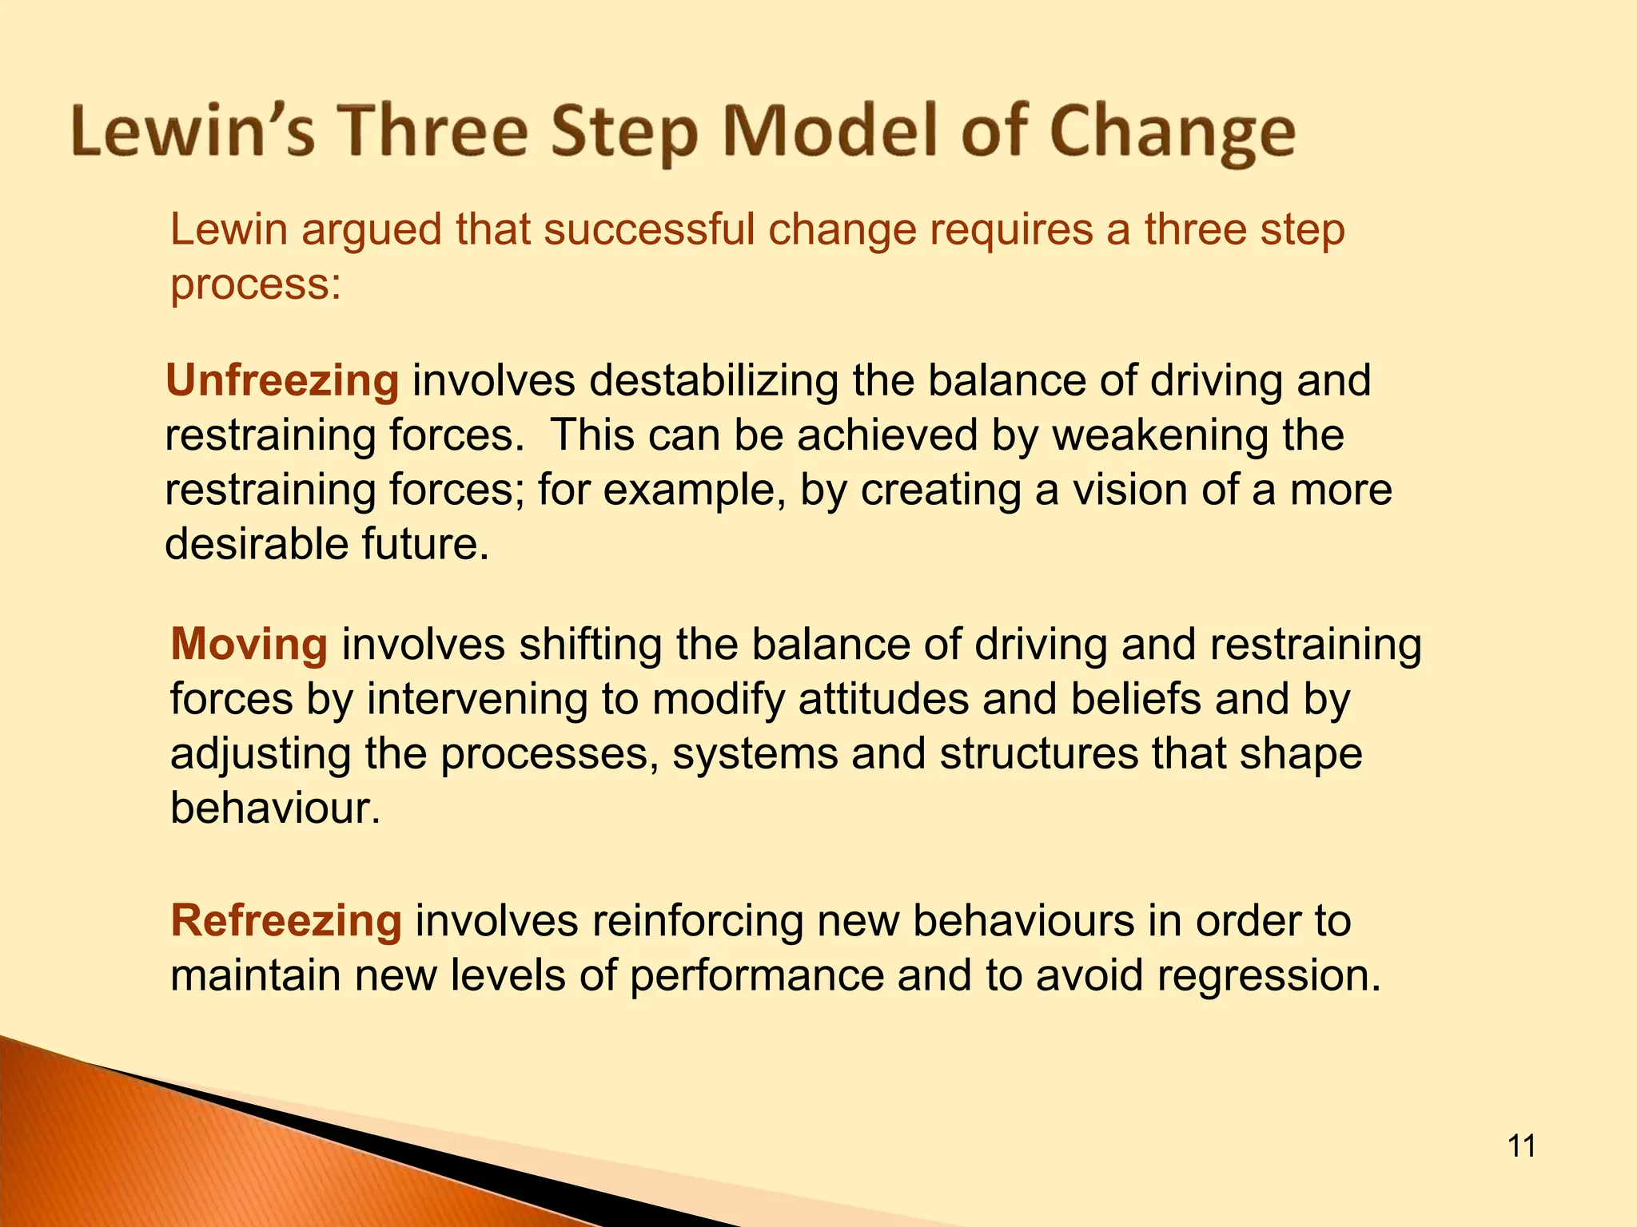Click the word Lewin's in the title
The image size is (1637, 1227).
click(193, 131)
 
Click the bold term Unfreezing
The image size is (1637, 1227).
click(282, 380)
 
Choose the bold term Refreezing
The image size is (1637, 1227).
click(285, 920)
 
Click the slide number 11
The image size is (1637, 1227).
click(1521, 1146)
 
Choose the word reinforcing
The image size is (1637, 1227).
click(694, 920)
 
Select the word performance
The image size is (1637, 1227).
click(756, 976)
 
